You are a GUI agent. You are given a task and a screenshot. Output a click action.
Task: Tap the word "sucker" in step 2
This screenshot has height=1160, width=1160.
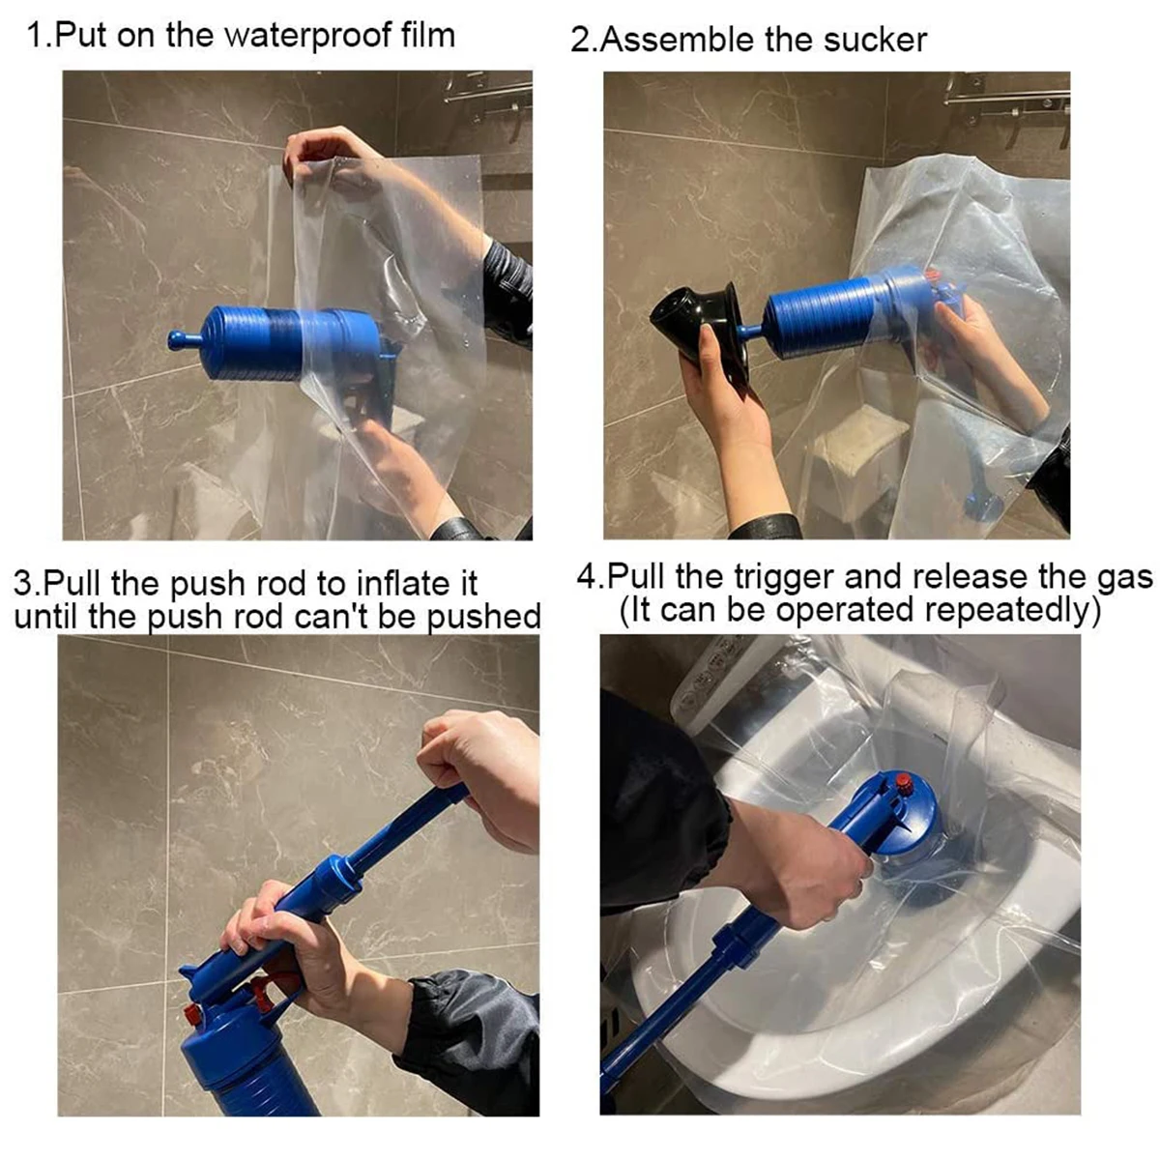875,41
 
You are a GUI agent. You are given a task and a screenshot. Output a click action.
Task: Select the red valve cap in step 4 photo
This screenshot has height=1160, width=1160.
903,783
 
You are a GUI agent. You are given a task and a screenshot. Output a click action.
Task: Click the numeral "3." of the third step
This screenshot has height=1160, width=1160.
28,584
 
